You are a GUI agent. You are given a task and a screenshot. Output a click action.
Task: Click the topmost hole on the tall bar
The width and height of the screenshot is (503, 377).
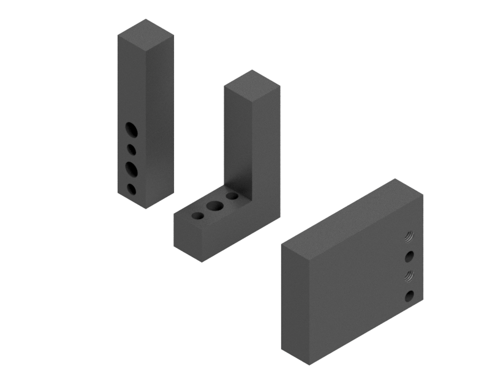coord(131,129)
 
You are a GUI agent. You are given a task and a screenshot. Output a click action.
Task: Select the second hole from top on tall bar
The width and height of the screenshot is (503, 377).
coord(131,149)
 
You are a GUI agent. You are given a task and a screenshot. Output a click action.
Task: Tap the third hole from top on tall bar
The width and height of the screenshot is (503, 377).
coord(132,167)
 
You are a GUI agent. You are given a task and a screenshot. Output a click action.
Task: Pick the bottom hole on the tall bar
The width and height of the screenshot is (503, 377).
coord(131,188)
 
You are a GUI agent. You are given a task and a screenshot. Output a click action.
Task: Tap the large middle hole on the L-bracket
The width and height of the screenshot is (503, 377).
coord(215,206)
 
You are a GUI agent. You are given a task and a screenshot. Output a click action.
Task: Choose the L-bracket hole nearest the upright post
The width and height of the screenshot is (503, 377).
coord(232,196)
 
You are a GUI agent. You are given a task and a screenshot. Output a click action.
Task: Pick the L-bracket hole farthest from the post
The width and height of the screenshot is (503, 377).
coord(198,217)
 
